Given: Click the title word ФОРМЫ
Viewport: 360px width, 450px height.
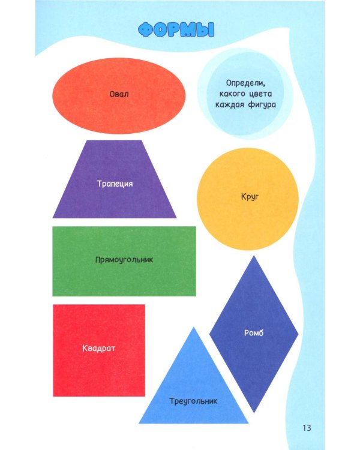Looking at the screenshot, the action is point(176,29).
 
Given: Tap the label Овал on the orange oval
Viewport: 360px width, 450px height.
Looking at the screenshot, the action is point(119,94).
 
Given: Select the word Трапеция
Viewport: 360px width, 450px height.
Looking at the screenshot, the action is point(115,184).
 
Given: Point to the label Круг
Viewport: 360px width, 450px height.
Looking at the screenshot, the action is point(250,197).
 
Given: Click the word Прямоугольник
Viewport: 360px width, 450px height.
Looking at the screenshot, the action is point(124,260).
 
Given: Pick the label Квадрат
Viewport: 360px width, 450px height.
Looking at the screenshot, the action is point(98,348).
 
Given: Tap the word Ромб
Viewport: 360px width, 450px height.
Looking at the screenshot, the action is point(254,332).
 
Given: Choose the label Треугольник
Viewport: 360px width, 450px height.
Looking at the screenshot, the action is point(193,401).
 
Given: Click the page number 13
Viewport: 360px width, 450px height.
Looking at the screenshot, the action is point(307,428).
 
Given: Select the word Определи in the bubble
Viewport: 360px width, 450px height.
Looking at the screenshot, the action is point(245,83).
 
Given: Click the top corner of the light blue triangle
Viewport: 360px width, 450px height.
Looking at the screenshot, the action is point(194,327).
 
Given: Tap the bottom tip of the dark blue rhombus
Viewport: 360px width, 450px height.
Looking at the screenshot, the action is point(254,413).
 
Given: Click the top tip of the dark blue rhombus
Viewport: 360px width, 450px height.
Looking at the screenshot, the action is point(254,256).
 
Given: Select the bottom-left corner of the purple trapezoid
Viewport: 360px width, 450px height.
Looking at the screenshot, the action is point(53,218).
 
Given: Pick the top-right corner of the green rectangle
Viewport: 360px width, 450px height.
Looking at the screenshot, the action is point(196,226).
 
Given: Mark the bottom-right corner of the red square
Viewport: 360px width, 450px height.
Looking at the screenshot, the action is point(145,397).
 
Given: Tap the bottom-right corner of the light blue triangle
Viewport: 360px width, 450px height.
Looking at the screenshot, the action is point(248,424).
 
